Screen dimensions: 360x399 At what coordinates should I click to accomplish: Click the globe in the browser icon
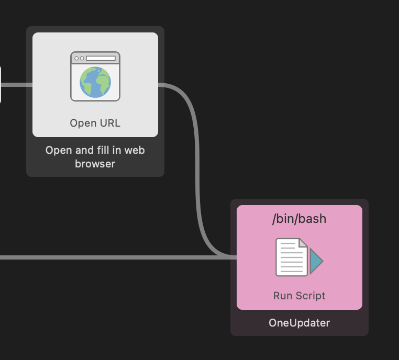(x=95, y=82)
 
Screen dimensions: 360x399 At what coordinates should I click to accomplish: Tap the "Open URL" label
(x=95, y=123)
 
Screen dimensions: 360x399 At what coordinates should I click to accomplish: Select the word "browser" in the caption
(x=95, y=164)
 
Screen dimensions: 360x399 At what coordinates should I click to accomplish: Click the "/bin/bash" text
(x=299, y=219)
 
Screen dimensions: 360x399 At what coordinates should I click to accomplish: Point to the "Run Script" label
(x=299, y=296)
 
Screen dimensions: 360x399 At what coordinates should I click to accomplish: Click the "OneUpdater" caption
(x=299, y=323)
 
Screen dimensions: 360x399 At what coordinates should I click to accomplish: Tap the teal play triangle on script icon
(x=316, y=261)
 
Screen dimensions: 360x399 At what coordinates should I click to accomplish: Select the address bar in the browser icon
(x=101, y=58)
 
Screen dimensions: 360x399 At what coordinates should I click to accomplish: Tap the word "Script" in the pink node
(x=312, y=296)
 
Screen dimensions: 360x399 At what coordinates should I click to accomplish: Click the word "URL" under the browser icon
(x=109, y=123)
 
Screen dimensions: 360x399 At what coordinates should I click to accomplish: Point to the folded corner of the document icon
(x=303, y=243)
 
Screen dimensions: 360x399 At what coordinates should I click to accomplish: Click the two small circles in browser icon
(x=80, y=58)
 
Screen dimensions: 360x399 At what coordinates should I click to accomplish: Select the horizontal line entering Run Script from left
(x=105, y=257)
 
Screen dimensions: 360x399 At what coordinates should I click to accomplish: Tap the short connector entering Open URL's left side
(x=17, y=84)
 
